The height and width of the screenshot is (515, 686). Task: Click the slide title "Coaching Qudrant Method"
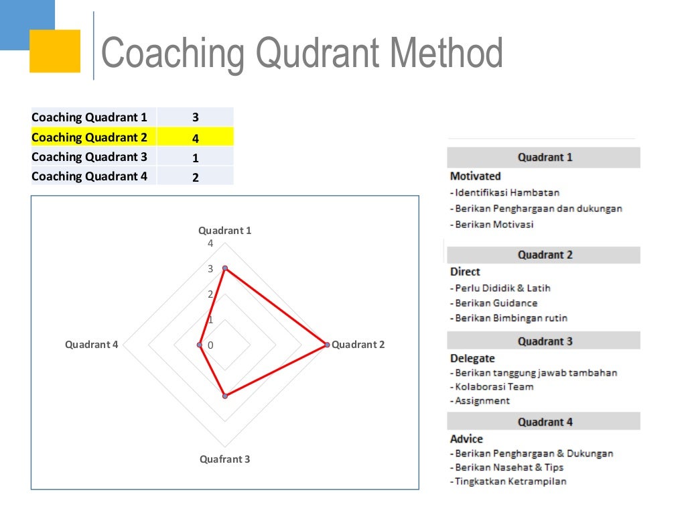click(x=301, y=54)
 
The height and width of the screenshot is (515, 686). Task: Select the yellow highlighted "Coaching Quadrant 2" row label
click(x=89, y=137)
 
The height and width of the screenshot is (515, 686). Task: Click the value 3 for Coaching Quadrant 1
click(x=195, y=117)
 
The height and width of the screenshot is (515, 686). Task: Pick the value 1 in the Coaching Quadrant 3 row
click(x=195, y=158)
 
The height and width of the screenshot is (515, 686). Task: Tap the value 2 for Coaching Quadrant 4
click(x=195, y=178)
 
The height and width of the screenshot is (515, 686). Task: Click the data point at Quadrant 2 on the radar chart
click(x=327, y=345)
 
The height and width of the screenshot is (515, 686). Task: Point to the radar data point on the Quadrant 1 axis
click(x=225, y=268)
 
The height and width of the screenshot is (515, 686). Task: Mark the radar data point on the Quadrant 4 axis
click(x=200, y=345)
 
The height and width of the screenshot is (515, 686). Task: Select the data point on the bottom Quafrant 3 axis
click(x=225, y=396)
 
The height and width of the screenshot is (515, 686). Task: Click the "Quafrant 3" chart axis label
click(x=225, y=459)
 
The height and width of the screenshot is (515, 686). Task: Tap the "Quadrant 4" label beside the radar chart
click(x=91, y=345)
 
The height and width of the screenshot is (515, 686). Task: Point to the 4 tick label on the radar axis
click(x=210, y=243)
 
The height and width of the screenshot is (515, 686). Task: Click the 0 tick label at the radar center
click(x=210, y=345)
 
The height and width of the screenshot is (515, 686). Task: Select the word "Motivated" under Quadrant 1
click(x=475, y=176)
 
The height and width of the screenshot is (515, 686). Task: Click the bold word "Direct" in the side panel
click(x=465, y=272)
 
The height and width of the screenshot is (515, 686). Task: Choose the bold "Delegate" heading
click(x=472, y=358)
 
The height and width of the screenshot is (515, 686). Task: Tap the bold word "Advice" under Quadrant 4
click(x=466, y=439)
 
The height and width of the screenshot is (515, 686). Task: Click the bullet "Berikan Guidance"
click(x=494, y=303)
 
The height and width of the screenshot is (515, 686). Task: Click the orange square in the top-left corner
click(x=55, y=51)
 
